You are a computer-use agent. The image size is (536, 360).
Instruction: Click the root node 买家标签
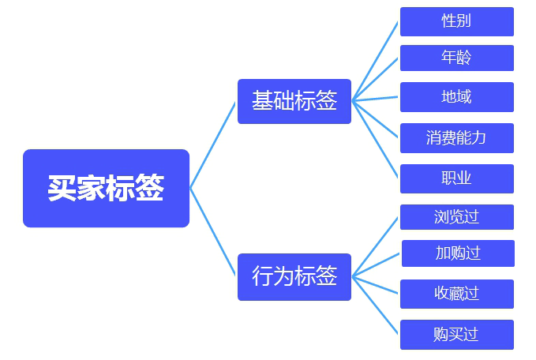pyautogui.click(x=106, y=188)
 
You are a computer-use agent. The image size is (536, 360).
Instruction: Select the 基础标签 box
pyautogui.click(x=294, y=101)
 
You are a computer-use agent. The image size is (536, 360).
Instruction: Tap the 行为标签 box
pyautogui.click(x=294, y=276)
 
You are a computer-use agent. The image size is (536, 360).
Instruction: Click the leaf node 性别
pyautogui.click(x=456, y=21)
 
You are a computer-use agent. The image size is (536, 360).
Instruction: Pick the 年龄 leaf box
pyautogui.click(x=456, y=58)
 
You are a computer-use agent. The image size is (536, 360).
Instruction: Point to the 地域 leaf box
pyautogui.click(x=456, y=97)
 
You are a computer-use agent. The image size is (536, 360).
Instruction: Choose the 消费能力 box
pyautogui.click(x=456, y=138)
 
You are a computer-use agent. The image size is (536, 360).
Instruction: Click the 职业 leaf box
pyautogui.click(x=456, y=178)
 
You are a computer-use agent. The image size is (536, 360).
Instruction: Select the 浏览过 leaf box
pyautogui.click(x=456, y=217)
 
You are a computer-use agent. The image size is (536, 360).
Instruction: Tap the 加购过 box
pyautogui.click(x=458, y=253)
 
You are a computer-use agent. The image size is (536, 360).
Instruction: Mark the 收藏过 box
pyautogui.click(x=456, y=294)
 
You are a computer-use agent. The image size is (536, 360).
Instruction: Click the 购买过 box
pyautogui.click(x=456, y=334)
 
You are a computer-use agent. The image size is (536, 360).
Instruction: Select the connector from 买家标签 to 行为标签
pyautogui.click(x=213, y=232)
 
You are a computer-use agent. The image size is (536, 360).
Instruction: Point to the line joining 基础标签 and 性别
pyautogui.click(x=376, y=60)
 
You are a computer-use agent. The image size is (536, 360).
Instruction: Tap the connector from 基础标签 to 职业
pyautogui.click(x=376, y=140)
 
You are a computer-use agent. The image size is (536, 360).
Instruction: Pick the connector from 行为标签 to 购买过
pyautogui.click(x=376, y=305)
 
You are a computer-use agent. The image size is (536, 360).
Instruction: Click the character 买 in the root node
pyautogui.click(x=62, y=189)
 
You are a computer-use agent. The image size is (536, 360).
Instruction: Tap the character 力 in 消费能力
pyautogui.click(x=478, y=138)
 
